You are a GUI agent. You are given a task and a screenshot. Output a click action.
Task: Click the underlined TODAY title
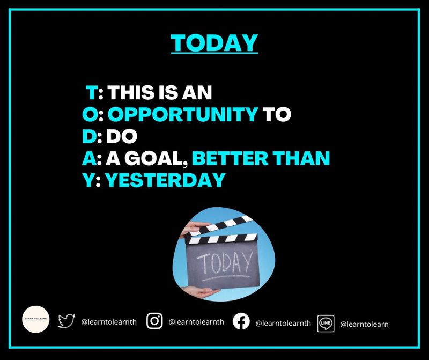[214, 43]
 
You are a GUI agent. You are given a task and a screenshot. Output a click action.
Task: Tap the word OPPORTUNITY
[183, 114]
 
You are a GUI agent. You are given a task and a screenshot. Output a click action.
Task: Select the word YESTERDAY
[165, 180]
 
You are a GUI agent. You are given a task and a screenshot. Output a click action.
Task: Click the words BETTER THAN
[261, 158]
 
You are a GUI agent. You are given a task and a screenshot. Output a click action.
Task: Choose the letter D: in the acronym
[92, 136]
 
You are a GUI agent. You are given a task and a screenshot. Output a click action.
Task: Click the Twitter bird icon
[66, 321]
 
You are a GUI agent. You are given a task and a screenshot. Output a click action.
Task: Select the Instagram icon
[154, 321]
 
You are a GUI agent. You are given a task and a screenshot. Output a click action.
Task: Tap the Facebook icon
[241, 321]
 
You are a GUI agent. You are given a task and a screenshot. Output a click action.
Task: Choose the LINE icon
[326, 323]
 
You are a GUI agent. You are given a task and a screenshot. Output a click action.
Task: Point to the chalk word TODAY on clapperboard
[224, 262]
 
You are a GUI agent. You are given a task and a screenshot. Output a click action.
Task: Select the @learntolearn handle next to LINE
[364, 324]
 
